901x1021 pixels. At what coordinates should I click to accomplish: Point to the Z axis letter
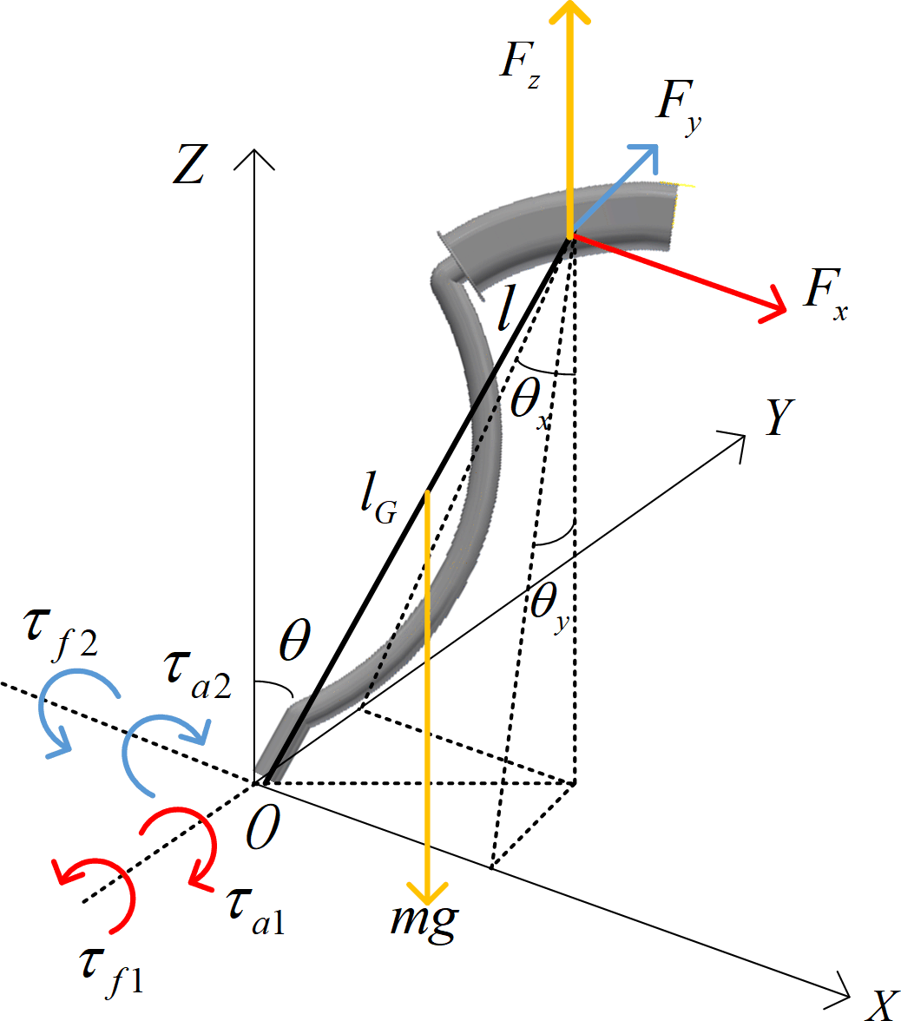(188, 166)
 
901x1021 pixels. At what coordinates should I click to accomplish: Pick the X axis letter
(881, 1005)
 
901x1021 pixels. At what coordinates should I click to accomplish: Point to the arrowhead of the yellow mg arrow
(429, 894)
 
